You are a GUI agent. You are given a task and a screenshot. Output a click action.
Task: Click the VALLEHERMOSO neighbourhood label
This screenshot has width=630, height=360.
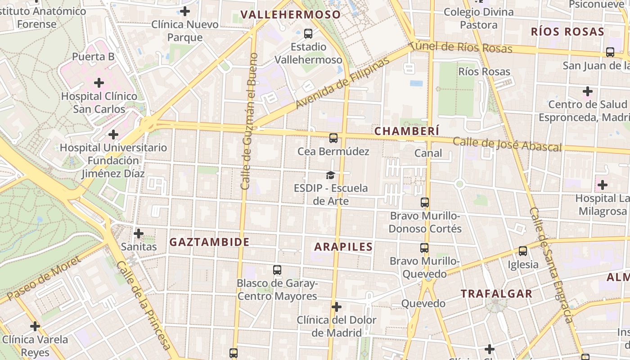[x=290, y=14]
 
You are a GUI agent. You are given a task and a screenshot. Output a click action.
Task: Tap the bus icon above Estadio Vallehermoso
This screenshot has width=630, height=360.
[x=308, y=33]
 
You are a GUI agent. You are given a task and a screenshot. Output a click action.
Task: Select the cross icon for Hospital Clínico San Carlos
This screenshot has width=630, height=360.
[x=99, y=83]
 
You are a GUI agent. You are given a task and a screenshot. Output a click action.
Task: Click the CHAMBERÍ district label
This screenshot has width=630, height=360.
[x=407, y=131]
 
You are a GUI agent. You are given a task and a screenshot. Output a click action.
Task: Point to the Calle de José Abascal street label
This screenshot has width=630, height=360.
[x=507, y=144]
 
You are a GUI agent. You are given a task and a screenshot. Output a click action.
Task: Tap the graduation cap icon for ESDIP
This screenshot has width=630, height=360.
[x=331, y=175]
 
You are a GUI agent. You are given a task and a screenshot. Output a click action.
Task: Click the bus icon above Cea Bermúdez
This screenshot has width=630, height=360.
[x=333, y=138]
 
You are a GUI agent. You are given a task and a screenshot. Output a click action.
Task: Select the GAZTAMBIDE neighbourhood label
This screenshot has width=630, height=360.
[x=209, y=242]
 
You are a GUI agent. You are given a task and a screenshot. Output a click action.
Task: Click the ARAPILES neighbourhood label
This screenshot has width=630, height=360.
[x=343, y=247]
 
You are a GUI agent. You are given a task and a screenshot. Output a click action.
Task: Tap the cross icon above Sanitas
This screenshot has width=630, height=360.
[x=139, y=234]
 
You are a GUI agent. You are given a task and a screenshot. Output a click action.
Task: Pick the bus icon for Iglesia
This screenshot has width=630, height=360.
[x=522, y=251]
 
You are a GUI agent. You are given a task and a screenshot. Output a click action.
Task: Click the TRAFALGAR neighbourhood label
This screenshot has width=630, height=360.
[x=496, y=294]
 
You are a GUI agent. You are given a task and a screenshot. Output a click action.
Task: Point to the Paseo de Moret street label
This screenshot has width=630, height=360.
[x=44, y=279]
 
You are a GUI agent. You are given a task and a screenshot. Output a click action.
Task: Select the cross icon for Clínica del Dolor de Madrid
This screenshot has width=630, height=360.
[x=336, y=307]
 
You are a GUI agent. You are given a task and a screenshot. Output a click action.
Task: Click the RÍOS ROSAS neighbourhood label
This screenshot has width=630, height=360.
[x=567, y=31]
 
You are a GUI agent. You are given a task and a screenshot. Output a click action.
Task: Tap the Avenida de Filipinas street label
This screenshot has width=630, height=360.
[x=342, y=84]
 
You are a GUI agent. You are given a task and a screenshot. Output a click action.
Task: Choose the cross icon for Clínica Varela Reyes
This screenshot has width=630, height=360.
[x=35, y=326]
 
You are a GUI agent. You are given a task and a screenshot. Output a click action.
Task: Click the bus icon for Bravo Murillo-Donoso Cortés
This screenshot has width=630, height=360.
[x=424, y=202]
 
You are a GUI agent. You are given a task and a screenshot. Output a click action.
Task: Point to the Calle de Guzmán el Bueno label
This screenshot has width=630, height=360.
[x=249, y=121]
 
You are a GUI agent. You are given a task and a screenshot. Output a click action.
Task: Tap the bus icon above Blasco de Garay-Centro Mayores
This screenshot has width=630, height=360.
[x=277, y=270]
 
